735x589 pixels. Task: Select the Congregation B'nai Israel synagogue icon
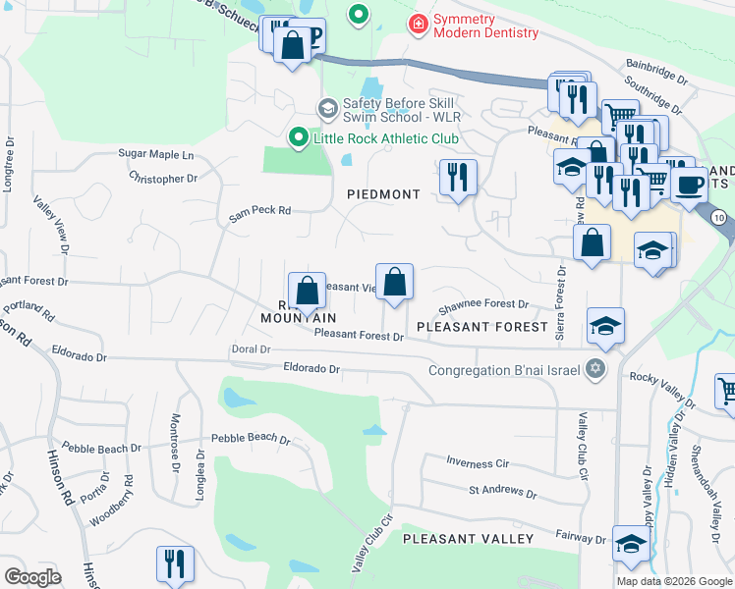[x=594, y=370]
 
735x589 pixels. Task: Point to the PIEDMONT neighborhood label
[x=383, y=194]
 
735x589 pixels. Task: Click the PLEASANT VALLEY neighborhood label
[x=468, y=539]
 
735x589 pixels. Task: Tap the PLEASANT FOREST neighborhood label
[x=481, y=325]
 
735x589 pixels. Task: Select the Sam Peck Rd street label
[x=260, y=210]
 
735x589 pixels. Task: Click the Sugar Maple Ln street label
[x=156, y=155]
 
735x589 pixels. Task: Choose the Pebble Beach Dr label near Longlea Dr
[x=252, y=440]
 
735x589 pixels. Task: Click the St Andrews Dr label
[x=502, y=493]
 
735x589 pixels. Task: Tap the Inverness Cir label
[x=477, y=462]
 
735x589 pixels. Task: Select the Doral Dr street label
[x=251, y=348]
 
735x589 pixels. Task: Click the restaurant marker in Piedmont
[x=458, y=178]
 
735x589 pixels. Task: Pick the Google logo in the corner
[x=33, y=576]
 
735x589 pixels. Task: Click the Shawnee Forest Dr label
[x=483, y=305]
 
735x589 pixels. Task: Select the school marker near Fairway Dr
[x=631, y=544]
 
